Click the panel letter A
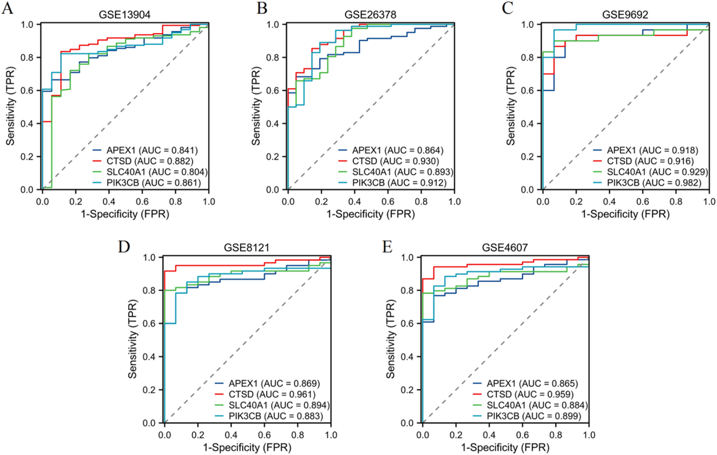pyautogui.click(x=7, y=8)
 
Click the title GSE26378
pyautogui.click(x=370, y=15)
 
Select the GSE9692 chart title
pyautogui.click(x=625, y=15)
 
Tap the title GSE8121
pyautogui.click(x=246, y=248)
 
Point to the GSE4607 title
pyautogui.click(x=505, y=248)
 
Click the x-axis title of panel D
pyautogui.click(x=247, y=447)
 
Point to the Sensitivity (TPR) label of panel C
pyautogui.click(x=511, y=106)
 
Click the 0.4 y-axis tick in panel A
pyautogui.click(x=27, y=124)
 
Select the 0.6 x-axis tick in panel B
pyautogui.click(x=388, y=201)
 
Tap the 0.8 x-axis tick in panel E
pyautogui.click(x=556, y=435)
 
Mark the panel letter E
pyautogui.click(x=387, y=247)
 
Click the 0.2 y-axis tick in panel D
pyautogui.click(x=149, y=390)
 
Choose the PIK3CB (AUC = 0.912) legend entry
pyautogui.click(x=399, y=183)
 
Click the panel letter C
pyautogui.click(x=507, y=8)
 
